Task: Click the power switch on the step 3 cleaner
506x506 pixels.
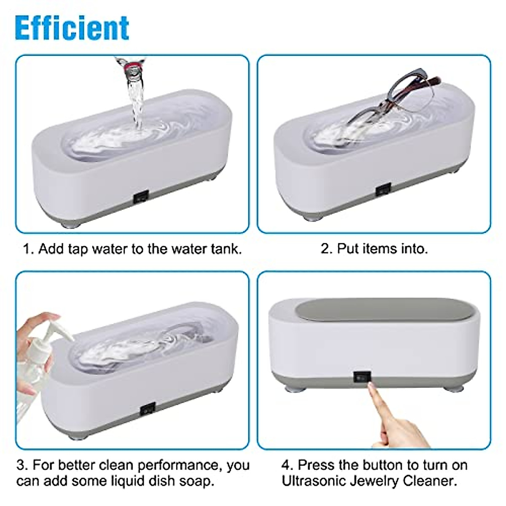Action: tap(148, 409)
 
